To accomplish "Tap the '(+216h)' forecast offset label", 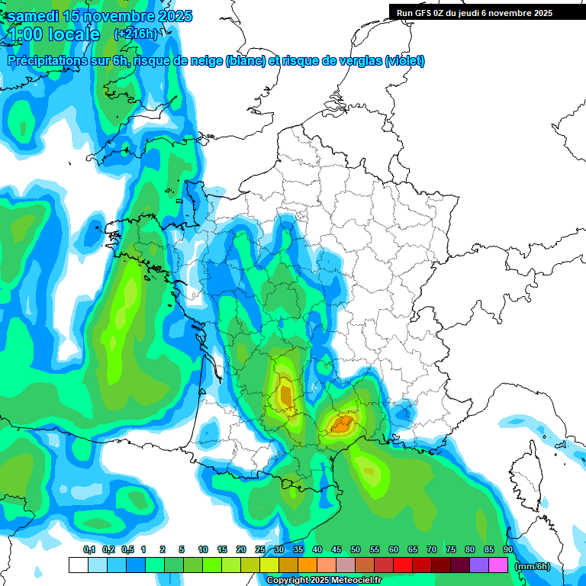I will coord(135,34).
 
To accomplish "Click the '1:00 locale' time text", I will coord(53,34).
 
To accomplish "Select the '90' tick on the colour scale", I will coord(508,550).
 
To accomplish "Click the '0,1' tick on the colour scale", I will coord(89,550).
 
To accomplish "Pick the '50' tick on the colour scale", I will coord(356,550).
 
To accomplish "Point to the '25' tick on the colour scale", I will coord(260,550).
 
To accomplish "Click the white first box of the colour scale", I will coord(78,565).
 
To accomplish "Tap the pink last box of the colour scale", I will coord(498,565).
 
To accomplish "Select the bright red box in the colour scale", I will coord(403,565).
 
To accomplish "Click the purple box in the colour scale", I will coord(479,565).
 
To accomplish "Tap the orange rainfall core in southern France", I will coord(340,423).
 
